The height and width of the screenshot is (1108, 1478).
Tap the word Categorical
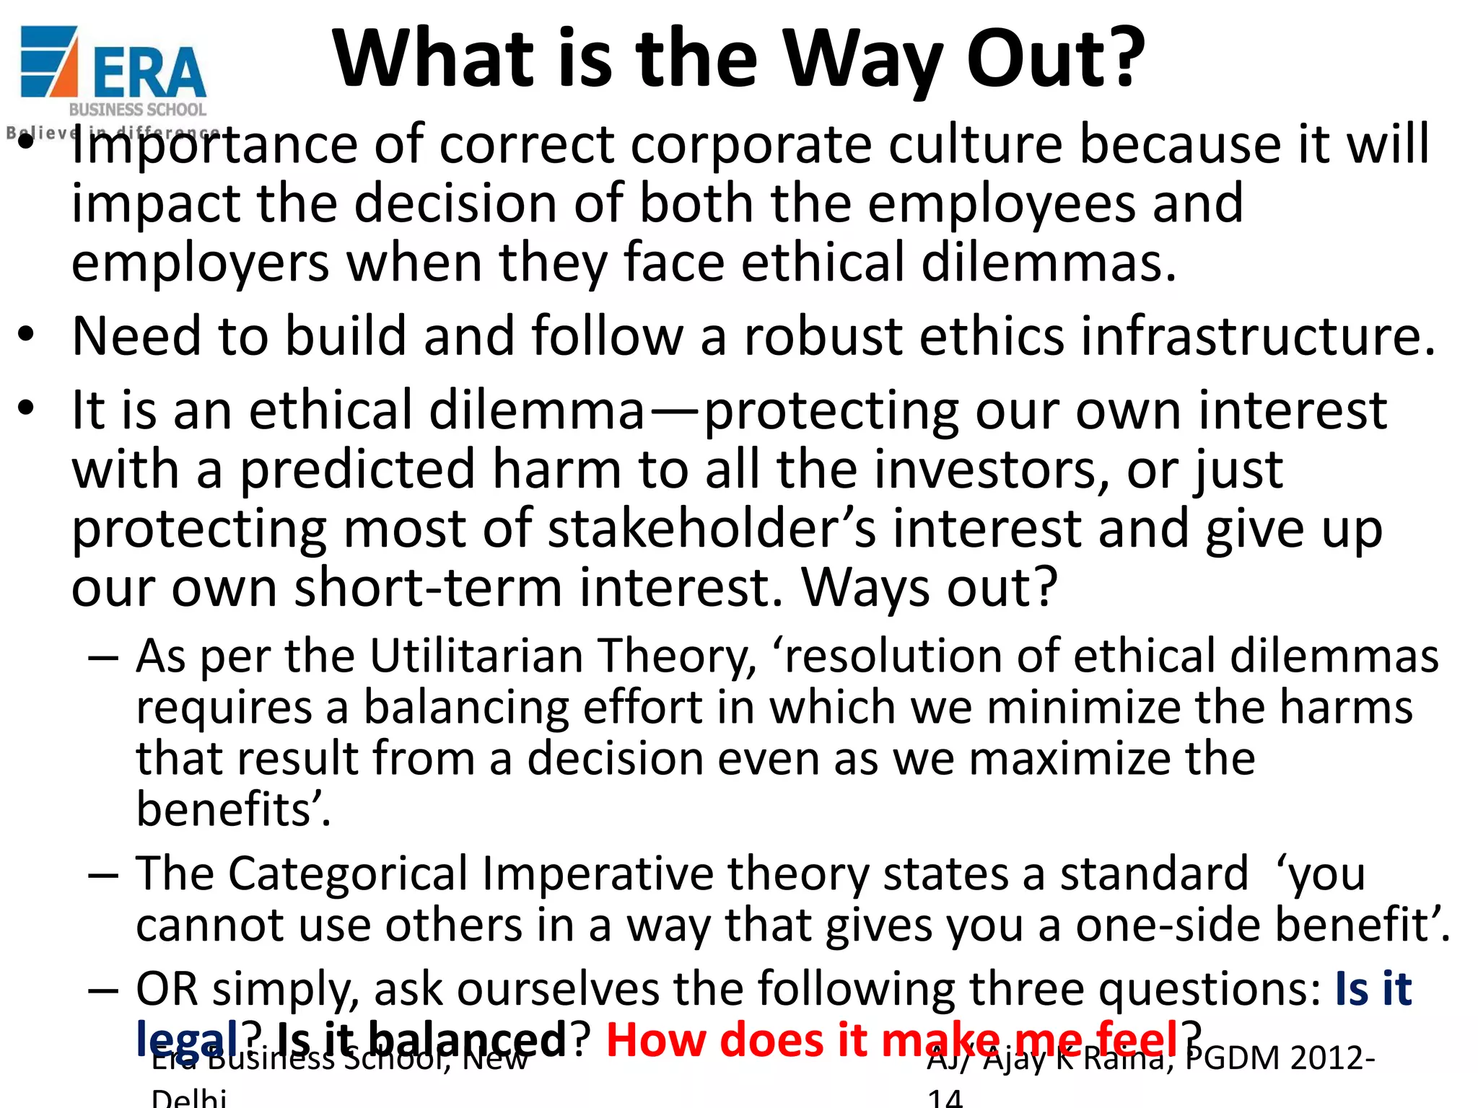[351, 875]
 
